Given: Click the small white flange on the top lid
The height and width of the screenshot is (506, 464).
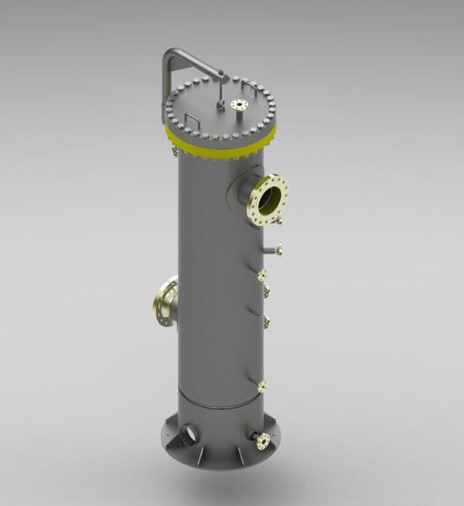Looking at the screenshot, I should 238,104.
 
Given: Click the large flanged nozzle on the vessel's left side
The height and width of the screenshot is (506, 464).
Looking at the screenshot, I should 164,303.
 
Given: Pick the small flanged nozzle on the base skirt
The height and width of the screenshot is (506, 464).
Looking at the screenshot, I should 261,440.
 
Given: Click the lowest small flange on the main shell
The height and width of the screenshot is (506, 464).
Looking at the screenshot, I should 263,385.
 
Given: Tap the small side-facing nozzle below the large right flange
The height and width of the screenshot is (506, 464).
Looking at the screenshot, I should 276,249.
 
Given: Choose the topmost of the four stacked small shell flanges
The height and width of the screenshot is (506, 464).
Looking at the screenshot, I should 262,274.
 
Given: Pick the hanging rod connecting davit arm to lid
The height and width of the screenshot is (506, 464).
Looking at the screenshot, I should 221,91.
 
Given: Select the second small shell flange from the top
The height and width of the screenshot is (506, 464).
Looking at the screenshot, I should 267,291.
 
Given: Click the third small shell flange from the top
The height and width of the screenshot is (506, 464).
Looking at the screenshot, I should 266,320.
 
